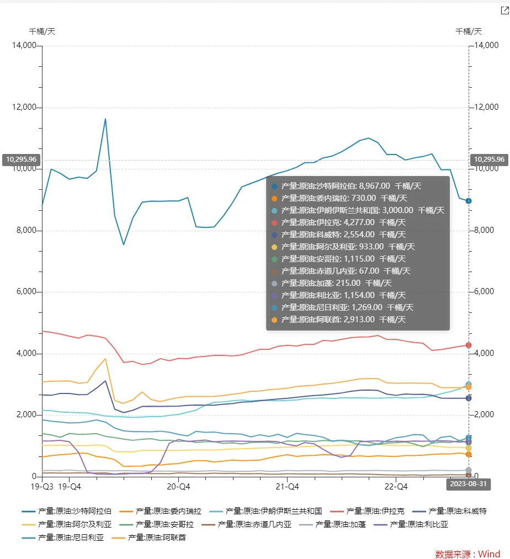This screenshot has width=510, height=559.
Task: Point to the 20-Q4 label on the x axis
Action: click(178, 487)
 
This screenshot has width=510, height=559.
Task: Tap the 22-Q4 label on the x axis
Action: click(396, 487)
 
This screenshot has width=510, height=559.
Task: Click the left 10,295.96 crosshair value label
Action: click(21, 159)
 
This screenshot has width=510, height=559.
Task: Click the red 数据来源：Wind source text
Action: click(467, 553)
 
